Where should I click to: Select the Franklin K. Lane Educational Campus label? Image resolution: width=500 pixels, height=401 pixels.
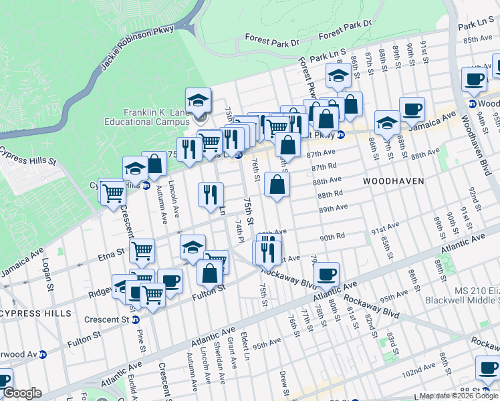[146, 117]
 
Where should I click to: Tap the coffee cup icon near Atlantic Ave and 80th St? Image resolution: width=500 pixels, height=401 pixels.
[326, 273]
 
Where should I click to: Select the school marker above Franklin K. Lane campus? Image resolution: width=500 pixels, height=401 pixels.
[198, 100]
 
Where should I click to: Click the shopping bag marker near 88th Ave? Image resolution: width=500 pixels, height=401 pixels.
[277, 184]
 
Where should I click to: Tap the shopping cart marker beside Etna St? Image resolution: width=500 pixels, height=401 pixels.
[142, 251]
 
